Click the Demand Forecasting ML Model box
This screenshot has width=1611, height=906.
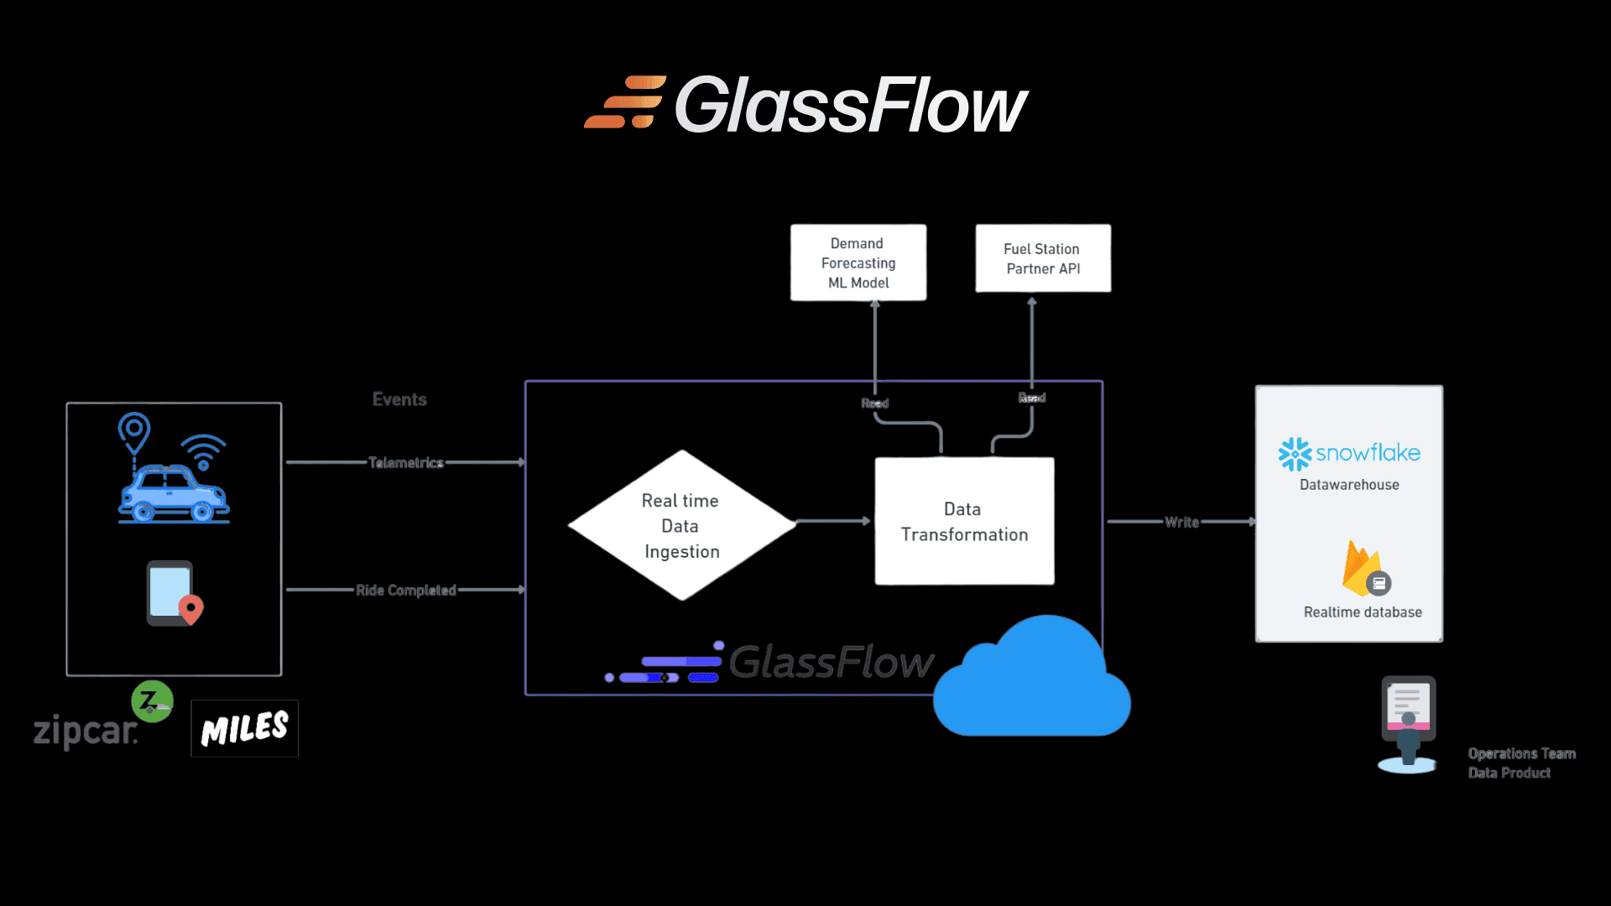point(858,263)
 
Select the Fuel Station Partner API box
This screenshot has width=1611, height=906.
point(1042,258)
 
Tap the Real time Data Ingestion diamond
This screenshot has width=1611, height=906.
point(681,525)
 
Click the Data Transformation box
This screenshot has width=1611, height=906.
point(964,521)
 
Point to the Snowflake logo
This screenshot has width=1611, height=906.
point(1348,454)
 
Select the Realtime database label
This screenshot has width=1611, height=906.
point(1363,612)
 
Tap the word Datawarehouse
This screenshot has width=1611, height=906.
point(1349,485)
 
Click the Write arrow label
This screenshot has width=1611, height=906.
point(1181,522)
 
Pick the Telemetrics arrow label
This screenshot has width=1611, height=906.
point(406,462)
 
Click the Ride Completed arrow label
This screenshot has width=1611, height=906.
point(406,591)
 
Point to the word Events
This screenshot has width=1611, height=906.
point(399,399)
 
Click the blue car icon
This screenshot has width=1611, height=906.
point(174,491)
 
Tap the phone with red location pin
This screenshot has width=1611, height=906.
point(174,594)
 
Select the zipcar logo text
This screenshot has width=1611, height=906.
point(85,732)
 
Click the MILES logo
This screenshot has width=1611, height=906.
point(244,728)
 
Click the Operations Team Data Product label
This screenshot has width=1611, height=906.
point(1520,763)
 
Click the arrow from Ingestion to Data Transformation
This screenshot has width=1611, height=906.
point(832,521)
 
